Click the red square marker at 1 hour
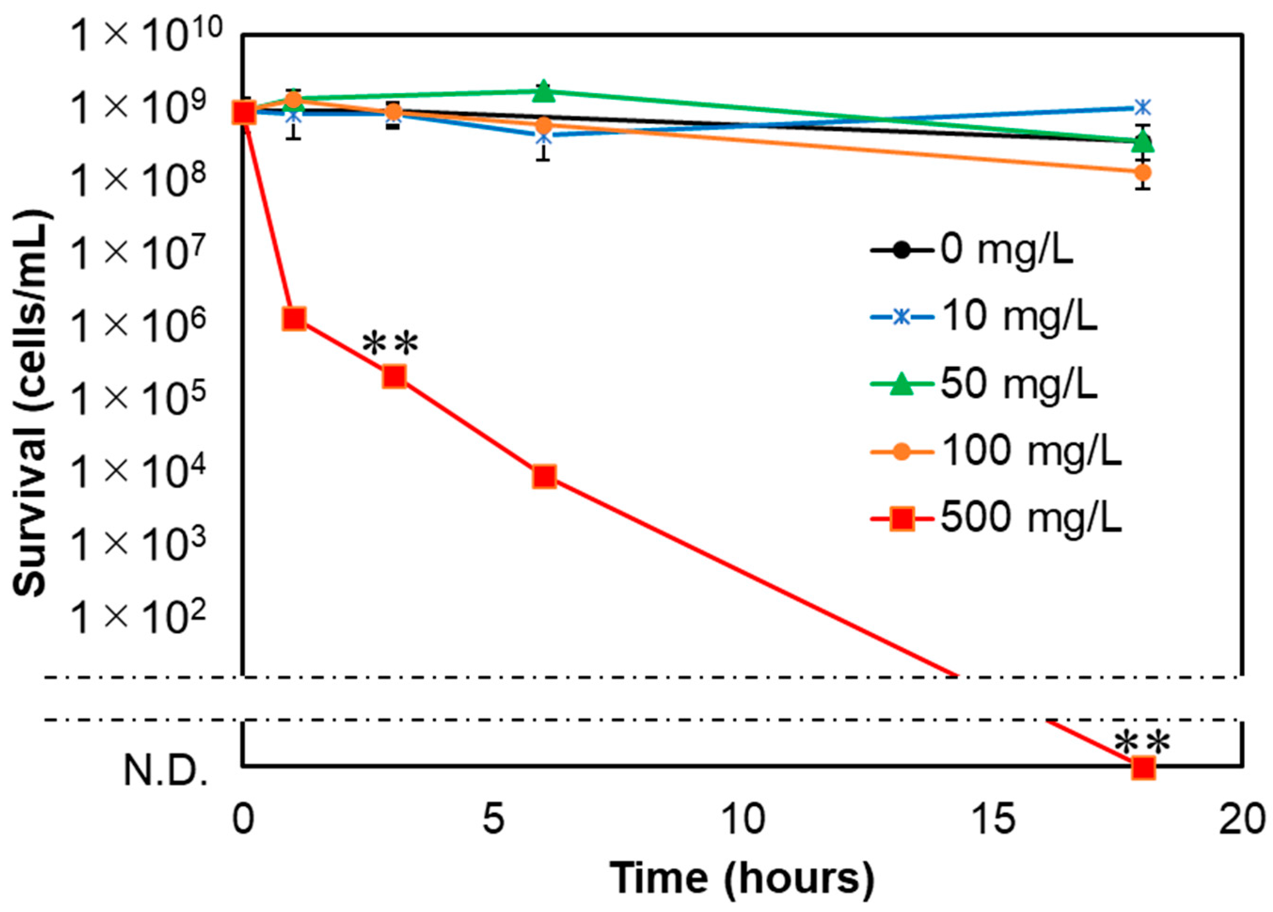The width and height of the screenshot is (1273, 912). [x=294, y=319]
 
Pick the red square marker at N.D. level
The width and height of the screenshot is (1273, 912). [x=1143, y=767]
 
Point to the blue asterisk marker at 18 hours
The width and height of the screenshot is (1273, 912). [x=1143, y=107]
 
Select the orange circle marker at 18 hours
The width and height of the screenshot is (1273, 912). [x=1143, y=172]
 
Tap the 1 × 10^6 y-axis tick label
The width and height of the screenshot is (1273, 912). [x=140, y=325]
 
